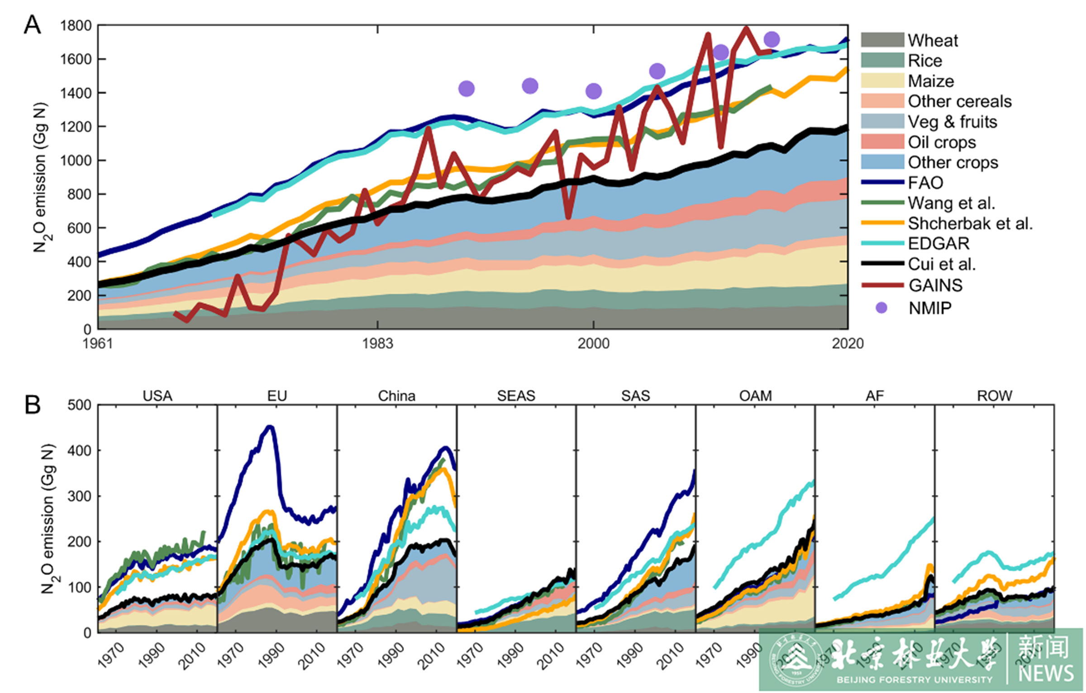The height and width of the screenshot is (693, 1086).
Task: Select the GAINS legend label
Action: (935, 285)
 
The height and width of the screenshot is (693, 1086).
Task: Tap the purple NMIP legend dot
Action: (881, 308)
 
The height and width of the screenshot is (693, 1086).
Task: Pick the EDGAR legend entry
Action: (938, 244)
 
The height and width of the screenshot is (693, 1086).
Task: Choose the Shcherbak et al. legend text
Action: (970, 223)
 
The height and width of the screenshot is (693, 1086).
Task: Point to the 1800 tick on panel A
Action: (76, 26)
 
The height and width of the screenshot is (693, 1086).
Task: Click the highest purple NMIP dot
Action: (772, 39)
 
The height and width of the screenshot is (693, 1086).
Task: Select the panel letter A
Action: (32, 25)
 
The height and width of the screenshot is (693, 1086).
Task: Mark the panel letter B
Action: (33, 405)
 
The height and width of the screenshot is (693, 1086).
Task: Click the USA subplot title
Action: (157, 396)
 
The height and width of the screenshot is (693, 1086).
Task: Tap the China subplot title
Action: (396, 396)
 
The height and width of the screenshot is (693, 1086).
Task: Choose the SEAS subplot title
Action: (516, 396)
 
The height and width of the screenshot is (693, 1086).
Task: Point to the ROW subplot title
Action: (994, 396)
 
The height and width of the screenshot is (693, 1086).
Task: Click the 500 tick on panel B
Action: (79, 405)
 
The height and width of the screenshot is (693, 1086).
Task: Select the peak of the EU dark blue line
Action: (270, 427)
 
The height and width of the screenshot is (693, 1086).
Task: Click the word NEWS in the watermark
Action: (1045, 673)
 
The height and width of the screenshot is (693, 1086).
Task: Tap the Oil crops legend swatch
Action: (882, 142)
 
